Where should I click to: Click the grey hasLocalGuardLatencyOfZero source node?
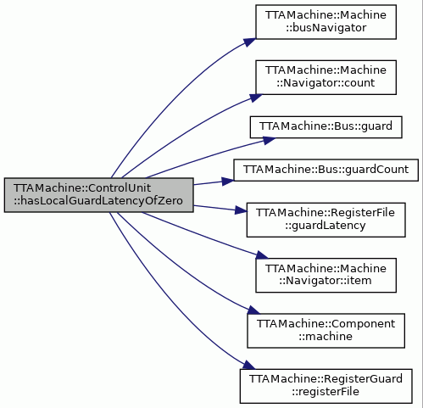[98, 195]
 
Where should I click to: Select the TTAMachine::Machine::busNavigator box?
[326, 22]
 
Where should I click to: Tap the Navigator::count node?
[326, 77]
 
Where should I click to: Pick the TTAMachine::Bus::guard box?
[326, 127]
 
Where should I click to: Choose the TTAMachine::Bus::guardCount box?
[326, 170]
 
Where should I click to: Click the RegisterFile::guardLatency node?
[326, 220]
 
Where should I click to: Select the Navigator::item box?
[326, 275]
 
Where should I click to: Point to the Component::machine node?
[326, 331]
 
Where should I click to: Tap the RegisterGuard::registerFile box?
[326, 386]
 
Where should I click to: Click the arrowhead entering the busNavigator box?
[250, 42]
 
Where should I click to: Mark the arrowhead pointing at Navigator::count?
[255, 98]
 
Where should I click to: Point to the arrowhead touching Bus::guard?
[269, 140]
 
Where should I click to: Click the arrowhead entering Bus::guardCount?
[228, 182]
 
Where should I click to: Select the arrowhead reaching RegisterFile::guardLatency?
[241, 210]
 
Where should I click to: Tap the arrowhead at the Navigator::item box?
[262, 255]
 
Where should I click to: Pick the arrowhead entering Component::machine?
[253, 310]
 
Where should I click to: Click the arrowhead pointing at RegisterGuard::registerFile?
[249, 365]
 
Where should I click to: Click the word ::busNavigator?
[326, 28]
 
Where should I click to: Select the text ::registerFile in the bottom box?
[326, 392]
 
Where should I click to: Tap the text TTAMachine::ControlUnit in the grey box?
[82, 188]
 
